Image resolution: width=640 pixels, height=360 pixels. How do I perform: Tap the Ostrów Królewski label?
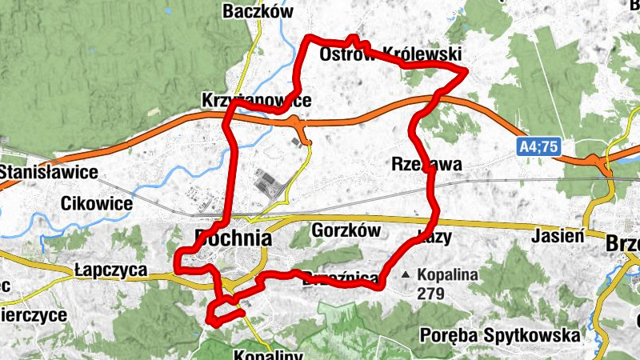[390, 54]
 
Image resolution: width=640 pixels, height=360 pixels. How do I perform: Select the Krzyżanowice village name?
[256, 102]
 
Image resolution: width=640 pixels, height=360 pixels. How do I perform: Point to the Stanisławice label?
[49, 172]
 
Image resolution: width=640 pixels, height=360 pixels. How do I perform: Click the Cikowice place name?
[96, 203]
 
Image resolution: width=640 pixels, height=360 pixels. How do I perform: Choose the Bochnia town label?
[233, 238]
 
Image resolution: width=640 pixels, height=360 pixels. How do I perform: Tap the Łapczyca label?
[108, 270]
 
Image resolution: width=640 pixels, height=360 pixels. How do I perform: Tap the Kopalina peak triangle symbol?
[406, 274]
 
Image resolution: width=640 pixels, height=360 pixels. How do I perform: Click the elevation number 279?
[430, 294]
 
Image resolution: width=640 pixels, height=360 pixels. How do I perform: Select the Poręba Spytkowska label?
[499, 334]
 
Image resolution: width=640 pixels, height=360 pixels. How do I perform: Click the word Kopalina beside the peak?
[447, 274]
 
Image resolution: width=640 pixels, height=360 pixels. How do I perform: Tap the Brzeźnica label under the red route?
[340, 277]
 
